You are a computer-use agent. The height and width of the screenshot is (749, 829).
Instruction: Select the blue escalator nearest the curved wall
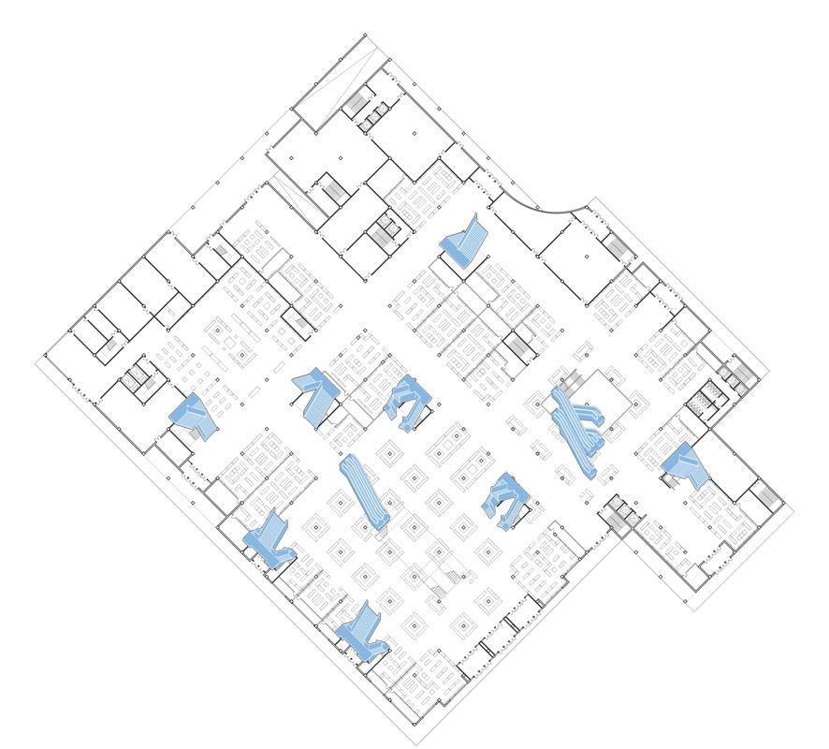466,241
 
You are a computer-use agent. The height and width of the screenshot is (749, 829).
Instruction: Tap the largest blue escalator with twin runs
576,427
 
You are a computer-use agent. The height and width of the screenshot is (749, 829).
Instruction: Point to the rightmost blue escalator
687,463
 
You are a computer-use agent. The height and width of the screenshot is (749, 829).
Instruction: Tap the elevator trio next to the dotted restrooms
738,375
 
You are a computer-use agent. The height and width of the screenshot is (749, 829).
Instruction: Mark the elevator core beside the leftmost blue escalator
138,375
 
